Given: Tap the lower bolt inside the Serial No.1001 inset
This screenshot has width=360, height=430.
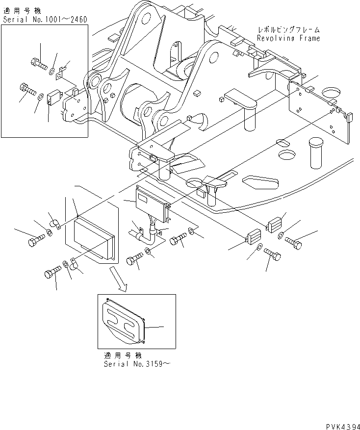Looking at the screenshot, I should pos(27,90).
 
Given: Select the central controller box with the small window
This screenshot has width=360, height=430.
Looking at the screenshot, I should pos(152,202).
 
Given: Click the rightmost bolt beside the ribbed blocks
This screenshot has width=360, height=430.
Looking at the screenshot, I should pos(294,242).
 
